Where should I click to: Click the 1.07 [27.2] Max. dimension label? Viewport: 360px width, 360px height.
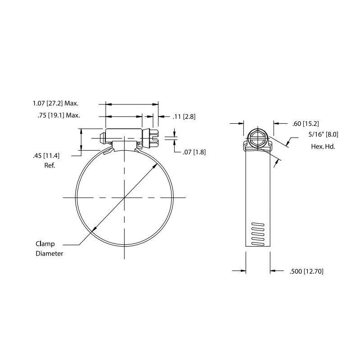(x=55, y=103)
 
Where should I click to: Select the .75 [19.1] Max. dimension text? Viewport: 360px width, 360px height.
(x=59, y=115)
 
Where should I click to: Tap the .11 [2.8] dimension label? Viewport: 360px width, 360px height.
(x=184, y=117)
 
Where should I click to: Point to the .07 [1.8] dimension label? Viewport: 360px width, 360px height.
(x=194, y=152)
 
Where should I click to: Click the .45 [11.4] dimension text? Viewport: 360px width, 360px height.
(x=46, y=156)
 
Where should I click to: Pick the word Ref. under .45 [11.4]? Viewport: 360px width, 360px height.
(x=50, y=165)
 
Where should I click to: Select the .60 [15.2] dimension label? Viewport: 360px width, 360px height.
(x=306, y=124)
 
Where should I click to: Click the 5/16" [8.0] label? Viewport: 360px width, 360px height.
(x=323, y=134)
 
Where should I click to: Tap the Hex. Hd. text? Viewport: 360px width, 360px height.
(x=323, y=147)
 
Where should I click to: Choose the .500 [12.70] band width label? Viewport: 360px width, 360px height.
(x=306, y=271)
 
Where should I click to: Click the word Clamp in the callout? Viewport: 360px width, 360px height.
(x=45, y=244)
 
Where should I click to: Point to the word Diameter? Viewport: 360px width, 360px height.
(x=49, y=253)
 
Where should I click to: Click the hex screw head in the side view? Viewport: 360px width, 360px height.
(x=257, y=138)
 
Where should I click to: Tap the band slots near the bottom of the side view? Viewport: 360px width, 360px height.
(x=258, y=234)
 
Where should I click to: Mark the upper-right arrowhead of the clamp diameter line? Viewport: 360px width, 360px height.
(x=155, y=165)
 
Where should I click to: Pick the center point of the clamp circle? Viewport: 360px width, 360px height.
(x=124, y=198)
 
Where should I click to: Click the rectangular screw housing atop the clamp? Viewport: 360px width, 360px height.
(x=124, y=135)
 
